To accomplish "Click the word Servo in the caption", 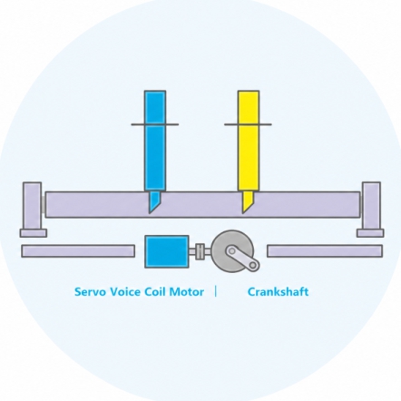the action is (91, 292).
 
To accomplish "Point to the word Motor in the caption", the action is (187, 292).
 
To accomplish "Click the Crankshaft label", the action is (279, 292).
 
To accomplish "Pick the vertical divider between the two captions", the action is (216, 292).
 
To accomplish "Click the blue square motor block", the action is (167, 251).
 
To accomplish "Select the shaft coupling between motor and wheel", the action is (200, 251).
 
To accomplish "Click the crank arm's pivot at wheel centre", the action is (231, 251).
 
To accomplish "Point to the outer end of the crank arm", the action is (253, 265).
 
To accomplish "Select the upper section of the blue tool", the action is (155, 107).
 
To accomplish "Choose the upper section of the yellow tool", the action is (249, 107).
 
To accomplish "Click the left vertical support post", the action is (33, 206).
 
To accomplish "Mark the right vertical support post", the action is (371, 206).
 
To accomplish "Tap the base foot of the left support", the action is (34, 233).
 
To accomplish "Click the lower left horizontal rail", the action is (78, 251).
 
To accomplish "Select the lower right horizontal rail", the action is (325, 251).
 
